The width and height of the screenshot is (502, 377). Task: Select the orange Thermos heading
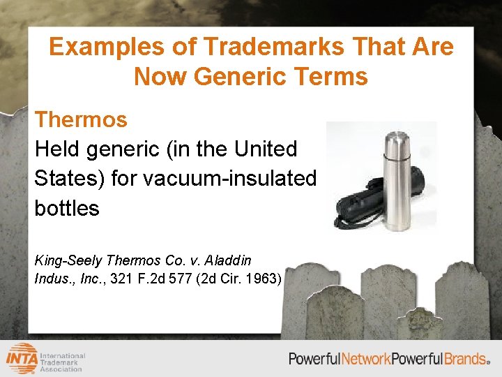pos(81,119)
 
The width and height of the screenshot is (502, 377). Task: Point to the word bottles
pos(67,208)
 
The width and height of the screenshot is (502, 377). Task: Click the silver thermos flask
pos(398,182)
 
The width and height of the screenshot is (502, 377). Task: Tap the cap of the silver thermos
pos(398,143)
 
